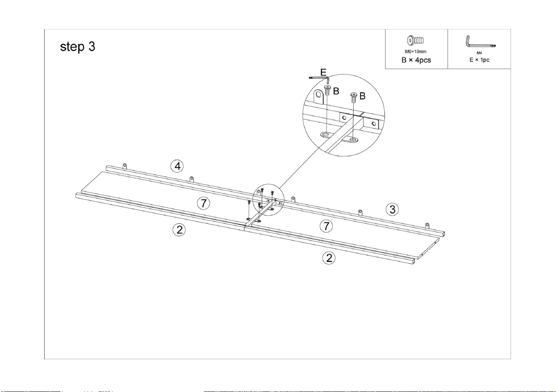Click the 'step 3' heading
(x=77, y=47)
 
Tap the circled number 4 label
(x=177, y=166)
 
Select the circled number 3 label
(x=392, y=209)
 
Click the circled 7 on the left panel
(x=203, y=204)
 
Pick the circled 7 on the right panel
(x=326, y=226)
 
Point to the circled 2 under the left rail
(x=179, y=230)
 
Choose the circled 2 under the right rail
(x=329, y=258)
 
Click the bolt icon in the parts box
(x=415, y=40)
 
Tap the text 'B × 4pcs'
(x=416, y=60)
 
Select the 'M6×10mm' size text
(x=416, y=52)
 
